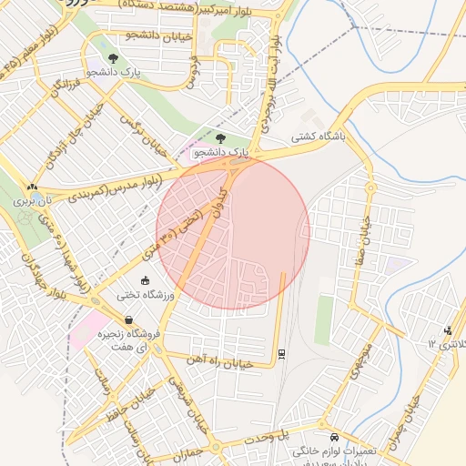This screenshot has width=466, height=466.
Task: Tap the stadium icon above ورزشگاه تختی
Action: pos(146,279)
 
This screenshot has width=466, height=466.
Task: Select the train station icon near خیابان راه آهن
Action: pos(281,353)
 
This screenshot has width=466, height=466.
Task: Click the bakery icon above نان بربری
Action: pos(33,186)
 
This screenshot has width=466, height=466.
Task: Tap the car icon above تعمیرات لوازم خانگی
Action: pos(335,437)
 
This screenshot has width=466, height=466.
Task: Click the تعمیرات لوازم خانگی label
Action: pos(335,451)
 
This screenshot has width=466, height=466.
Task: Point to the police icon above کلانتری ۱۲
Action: pos(447,330)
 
